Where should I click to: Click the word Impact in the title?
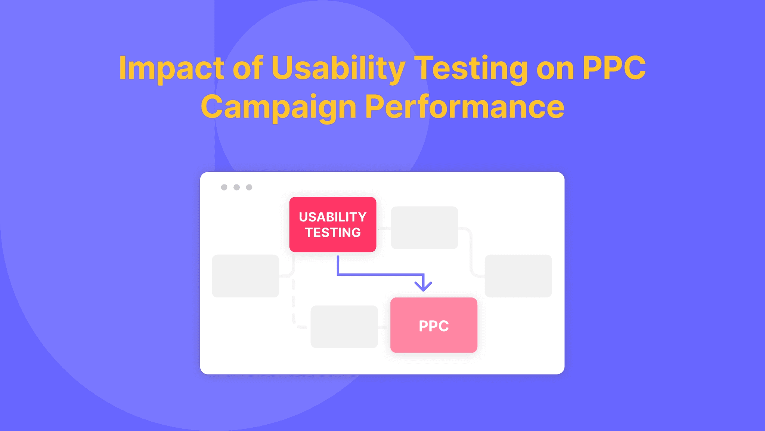click(x=171, y=68)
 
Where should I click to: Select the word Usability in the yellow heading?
click(x=338, y=68)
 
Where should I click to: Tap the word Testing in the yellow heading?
click(x=471, y=68)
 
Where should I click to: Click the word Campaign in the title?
click(x=278, y=107)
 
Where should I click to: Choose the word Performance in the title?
click(x=465, y=107)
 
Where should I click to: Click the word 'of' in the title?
click(x=248, y=68)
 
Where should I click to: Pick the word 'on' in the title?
click(x=555, y=68)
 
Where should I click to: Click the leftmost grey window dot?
click(x=224, y=187)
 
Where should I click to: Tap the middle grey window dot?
click(x=236, y=187)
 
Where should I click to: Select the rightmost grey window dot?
click(x=249, y=187)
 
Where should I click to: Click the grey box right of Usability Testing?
click(x=424, y=227)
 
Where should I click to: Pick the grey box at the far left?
click(x=245, y=276)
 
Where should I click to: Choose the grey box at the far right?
click(x=518, y=276)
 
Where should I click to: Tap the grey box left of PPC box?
click(x=344, y=327)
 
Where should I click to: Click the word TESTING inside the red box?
click(x=333, y=233)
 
